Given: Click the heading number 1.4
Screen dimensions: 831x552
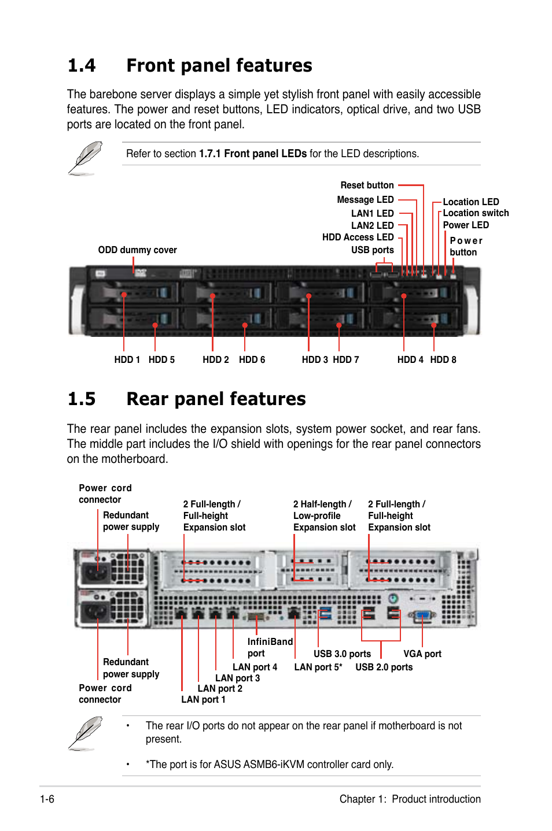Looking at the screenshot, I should click(x=82, y=66).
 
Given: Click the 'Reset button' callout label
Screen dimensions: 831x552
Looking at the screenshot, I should click(x=367, y=186).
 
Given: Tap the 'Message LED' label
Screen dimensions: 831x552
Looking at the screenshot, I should click(x=365, y=200).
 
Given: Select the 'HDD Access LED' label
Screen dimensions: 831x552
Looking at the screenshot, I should click(x=358, y=238).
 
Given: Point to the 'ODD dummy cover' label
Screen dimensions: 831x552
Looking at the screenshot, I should click(x=137, y=250).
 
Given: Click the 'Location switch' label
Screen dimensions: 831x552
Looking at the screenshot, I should click(x=476, y=213).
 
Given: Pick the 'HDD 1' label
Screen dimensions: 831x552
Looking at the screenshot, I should click(x=127, y=360).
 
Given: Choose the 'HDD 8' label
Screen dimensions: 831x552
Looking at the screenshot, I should click(x=443, y=360).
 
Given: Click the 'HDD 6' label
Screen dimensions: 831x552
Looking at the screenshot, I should click(x=252, y=360).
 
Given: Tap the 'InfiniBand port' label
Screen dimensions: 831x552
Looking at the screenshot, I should click(x=270, y=648).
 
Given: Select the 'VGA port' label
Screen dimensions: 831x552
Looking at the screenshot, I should click(x=422, y=654).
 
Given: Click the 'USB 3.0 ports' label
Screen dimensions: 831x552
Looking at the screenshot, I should click(x=342, y=654).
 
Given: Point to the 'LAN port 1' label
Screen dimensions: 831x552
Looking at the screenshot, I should click(x=203, y=700).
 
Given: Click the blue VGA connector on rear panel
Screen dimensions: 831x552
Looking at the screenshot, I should click(x=422, y=615).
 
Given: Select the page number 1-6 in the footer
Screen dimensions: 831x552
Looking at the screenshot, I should click(x=47, y=799).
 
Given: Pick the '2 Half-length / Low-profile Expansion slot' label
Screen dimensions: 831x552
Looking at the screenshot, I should click(x=324, y=516).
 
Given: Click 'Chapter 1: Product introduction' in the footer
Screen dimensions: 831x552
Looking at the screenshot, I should click(x=410, y=799).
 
